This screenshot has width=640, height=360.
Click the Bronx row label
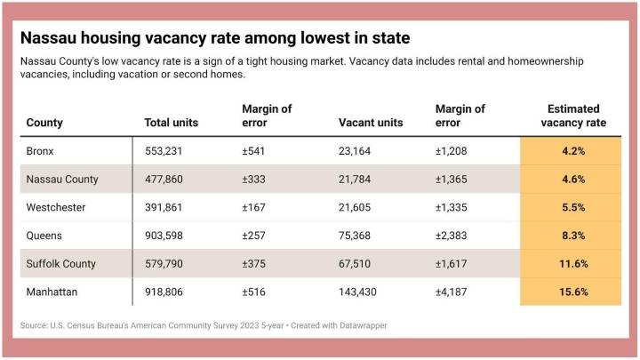click(41, 151)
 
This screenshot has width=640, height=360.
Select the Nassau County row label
click(61, 180)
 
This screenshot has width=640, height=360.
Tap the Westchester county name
click(56, 207)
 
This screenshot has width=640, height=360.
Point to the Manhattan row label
click(52, 292)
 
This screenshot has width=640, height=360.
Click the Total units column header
click(171, 123)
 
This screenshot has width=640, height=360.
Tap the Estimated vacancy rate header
click(572, 116)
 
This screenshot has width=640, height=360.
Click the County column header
click(44, 123)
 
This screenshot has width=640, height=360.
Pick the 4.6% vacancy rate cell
click(572, 180)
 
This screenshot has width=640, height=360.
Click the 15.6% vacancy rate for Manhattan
click(572, 292)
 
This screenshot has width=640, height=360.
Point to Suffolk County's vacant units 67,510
click(358, 264)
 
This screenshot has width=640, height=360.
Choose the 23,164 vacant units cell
click(358, 151)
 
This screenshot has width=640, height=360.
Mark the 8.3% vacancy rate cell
click(572, 236)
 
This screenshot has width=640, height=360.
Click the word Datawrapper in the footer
click(360, 326)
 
